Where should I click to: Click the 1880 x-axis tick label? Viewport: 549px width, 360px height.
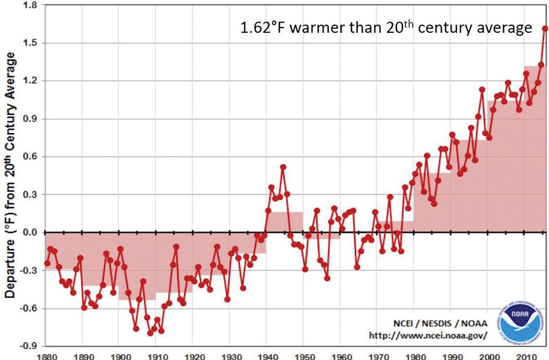[46, 356]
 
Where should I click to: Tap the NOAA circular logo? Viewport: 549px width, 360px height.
[520, 321]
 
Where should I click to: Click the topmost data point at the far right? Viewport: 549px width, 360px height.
[545, 29]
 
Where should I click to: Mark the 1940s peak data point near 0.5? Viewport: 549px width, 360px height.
[283, 167]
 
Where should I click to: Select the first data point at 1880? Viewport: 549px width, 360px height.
[47, 263]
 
